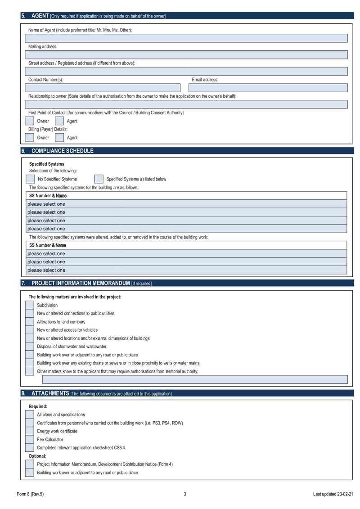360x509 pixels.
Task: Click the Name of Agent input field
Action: pos(186,38)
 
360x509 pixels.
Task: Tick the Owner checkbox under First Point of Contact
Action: pos(29,121)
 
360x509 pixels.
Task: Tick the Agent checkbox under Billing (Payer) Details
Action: pos(59,137)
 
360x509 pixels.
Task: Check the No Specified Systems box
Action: pos(30,179)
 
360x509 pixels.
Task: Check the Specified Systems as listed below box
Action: pos(99,179)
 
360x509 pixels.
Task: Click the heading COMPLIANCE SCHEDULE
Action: pos(62,151)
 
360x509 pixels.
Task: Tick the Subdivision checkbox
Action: pos(29,305)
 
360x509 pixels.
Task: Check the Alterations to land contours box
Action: pos(29,322)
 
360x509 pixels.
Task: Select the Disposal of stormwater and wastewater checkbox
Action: pos(29,347)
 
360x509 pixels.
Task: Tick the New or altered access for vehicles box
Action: pos(29,330)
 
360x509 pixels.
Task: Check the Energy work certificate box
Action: pos(29,431)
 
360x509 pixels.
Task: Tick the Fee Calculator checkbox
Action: pos(29,439)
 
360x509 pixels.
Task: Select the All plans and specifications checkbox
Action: pos(29,414)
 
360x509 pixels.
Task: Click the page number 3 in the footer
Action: pos(184,494)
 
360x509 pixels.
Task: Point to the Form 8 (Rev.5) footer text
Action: pos(30,494)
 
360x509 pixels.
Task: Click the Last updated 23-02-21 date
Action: pos(333,494)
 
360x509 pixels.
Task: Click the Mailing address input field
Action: pos(186,55)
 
